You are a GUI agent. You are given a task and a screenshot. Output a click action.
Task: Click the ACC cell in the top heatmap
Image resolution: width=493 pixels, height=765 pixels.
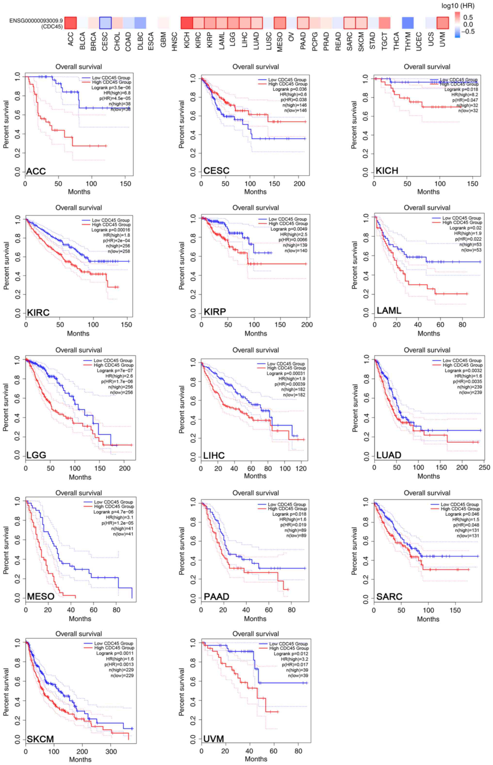click(71, 23)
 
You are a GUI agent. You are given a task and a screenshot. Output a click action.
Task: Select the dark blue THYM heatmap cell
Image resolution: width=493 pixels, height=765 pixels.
click(408, 23)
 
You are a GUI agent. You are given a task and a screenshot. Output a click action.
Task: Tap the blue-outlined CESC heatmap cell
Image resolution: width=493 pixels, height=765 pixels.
click(105, 23)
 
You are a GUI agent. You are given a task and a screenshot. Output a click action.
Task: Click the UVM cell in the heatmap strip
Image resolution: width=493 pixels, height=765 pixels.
click(443, 23)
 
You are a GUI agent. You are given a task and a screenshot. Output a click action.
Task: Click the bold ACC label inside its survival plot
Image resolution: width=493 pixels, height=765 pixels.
click(36, 171)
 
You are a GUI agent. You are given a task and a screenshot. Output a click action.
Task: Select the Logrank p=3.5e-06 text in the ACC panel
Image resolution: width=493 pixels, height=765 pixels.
click(111, 87)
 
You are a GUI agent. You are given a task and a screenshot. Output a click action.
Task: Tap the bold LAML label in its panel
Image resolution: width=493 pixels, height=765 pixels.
click(389, 311)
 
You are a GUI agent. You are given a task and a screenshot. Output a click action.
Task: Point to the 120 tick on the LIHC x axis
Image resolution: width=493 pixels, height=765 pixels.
click(301, 468)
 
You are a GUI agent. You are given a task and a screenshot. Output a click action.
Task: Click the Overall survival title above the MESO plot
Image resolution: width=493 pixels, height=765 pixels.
click(79, 493)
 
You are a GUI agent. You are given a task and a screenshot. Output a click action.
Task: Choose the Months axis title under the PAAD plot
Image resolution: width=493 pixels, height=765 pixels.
click(255, 619)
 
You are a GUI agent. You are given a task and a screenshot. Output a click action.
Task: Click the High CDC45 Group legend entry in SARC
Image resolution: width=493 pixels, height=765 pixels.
click(460, 509)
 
